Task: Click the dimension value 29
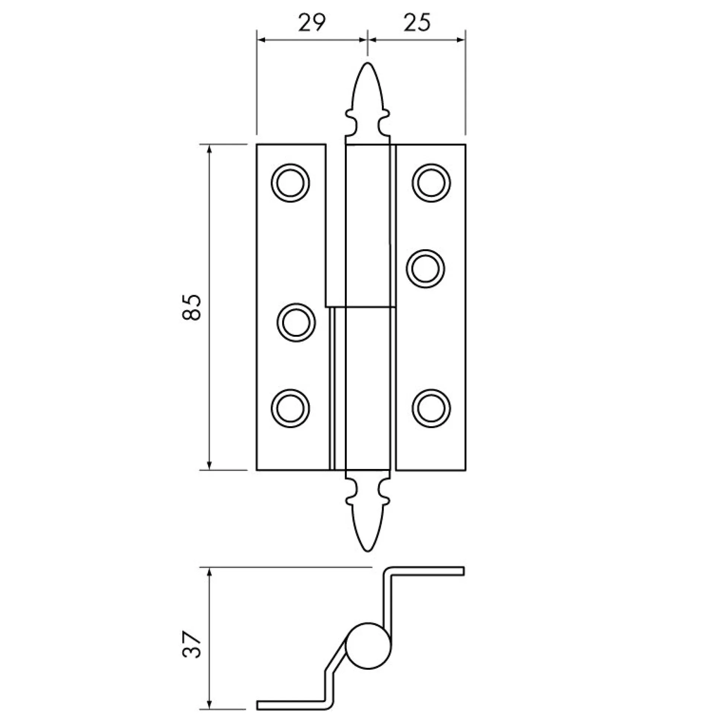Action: click(x=312, y=23)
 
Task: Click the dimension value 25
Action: click(x=417, y=23)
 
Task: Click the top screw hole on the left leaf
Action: click(x=291, y=183)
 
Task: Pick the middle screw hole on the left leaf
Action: click(x=296, y=323)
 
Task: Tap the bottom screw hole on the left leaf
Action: click(x=291, y=409)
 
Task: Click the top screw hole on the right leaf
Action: click(x=431, y=183)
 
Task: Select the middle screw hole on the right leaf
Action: click(x=426, y=269)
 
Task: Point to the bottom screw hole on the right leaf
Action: click(x=431, y=409)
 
